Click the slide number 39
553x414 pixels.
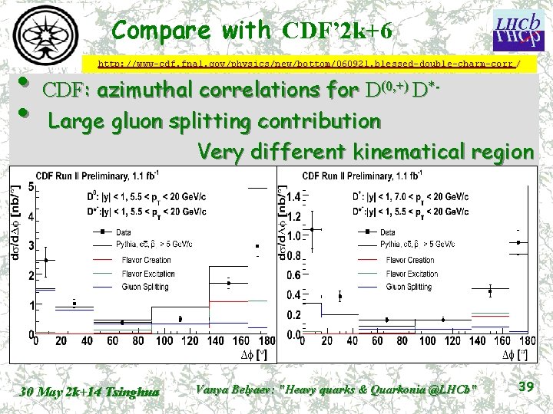click(x=526, y=387)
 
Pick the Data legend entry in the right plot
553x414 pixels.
click(x=388, y=232)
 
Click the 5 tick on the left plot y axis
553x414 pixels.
click(x=30, y=187)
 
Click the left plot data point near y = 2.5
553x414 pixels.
click(x=46, y=260)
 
